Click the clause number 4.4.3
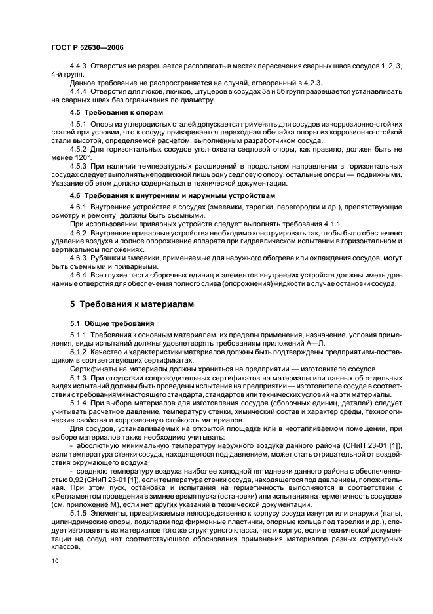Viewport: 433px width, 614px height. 79,67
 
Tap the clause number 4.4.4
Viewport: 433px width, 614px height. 79,91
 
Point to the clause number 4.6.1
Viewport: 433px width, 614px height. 79,207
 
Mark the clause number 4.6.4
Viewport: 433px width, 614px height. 79,276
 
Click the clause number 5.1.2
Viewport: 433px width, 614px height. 79,352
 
